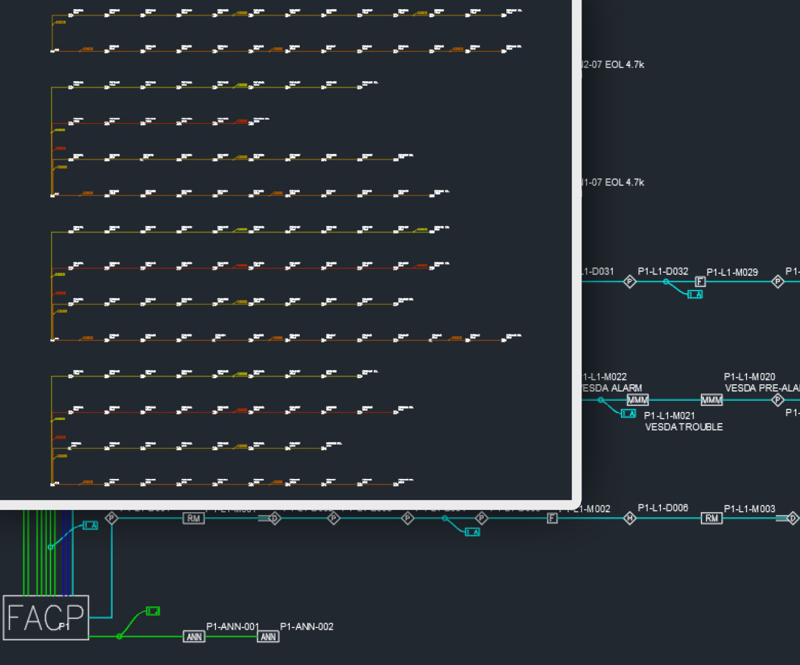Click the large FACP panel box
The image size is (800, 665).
(x=46, y=617)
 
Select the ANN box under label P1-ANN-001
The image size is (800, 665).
(x=194, y=637)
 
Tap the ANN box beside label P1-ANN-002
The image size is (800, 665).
(x=268, y=637)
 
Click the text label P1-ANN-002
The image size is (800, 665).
(x=306, y=626)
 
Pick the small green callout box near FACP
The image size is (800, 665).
(x=153, y=611)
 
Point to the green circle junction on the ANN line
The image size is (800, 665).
(x=119, y=636)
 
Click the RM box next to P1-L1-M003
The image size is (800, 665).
(x=711, y=518)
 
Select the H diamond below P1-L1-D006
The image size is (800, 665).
(x=630, y=518)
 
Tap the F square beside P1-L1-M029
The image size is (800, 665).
(x=700, y=281)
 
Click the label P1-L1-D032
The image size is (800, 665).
(x=663, y=271)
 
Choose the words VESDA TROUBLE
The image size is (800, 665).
(x=684, y=427)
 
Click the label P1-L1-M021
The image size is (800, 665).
(x=669, y=416)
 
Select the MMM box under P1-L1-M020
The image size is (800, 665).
(x=711, y=400)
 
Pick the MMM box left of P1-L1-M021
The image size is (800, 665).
(x=638, y=400)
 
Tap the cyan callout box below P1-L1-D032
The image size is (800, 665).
(x=695, y=294)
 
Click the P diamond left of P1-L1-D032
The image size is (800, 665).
(x=630, y=281)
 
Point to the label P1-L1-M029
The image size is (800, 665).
(x=732, y=272)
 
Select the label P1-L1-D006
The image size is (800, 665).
(x=663, y=508)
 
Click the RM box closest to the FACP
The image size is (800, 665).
(x=193, y=518)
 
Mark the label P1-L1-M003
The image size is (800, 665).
(x=749, y=509)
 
